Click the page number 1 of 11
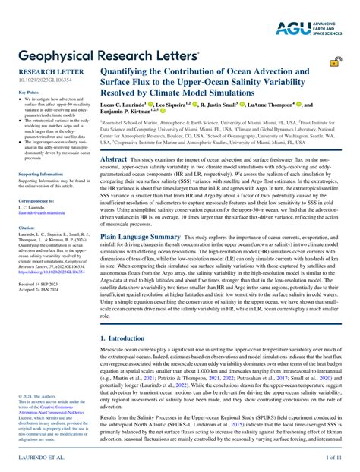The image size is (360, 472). [336, 458]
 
